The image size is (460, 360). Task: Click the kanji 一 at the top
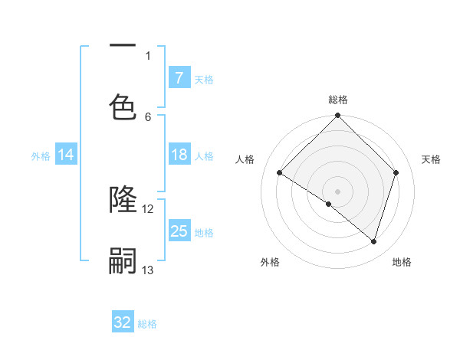pos(123,46)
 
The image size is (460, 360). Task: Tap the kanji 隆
pos(123,200)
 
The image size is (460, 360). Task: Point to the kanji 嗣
pos(123,262)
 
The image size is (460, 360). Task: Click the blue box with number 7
pos(179,77)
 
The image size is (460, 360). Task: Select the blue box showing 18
pos(179,155)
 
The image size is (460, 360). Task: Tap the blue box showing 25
pos(179,231)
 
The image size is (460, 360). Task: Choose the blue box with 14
pos(66,155)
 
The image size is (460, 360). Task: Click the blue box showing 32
pos(123,322)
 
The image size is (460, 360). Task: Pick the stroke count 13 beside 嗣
pos(148,270)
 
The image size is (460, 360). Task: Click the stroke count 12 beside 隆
pos(148,208)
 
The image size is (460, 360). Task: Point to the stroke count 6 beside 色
pos(148,116)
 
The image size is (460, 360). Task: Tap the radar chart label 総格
pos(338,100)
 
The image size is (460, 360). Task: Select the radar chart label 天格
pos(431,159)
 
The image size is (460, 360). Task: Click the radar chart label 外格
pos(270,262)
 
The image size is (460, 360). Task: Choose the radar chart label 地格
pos(402,262)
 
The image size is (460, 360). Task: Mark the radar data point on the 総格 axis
pos(338,116)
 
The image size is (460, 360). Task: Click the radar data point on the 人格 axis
pos(280,173)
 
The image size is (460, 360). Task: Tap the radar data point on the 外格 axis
pos(328,205)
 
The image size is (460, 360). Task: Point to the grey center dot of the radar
pos(338,191)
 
